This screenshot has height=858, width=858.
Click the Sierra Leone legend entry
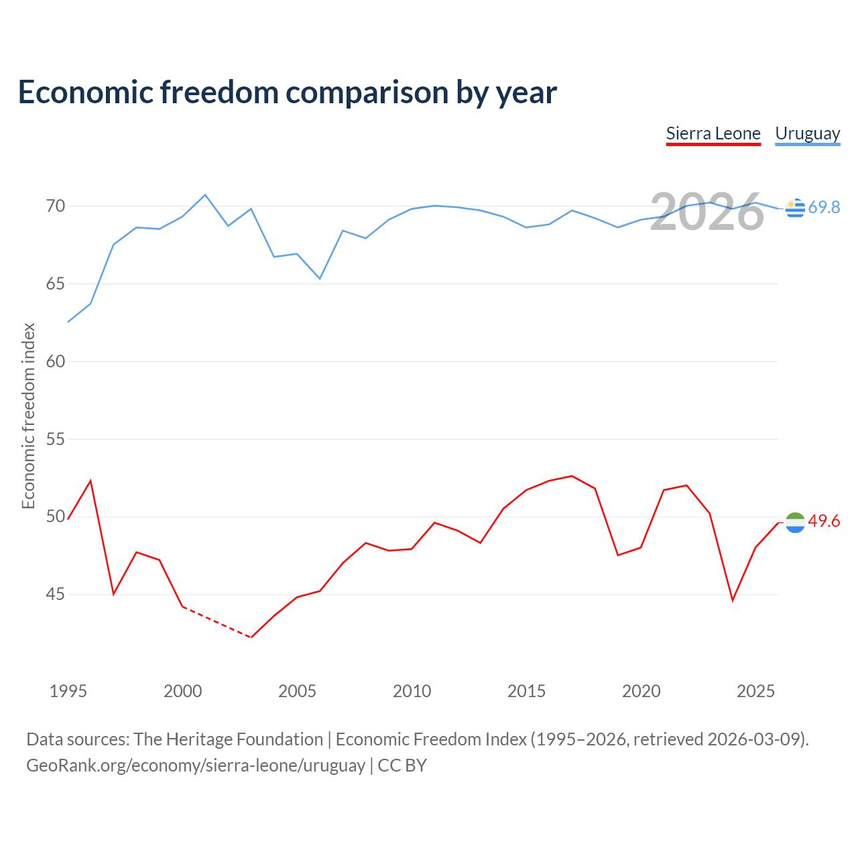tap(713, 134)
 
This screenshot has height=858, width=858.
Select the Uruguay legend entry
tap(807, 134)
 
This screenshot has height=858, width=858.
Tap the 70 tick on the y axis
tap(56, 206)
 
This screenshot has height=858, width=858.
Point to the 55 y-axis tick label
tap(56, 440)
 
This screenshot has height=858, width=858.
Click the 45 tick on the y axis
tap(56, 595)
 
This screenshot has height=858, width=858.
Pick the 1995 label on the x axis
tap(68, 691)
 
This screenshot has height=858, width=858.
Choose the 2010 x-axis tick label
tap(412, 691)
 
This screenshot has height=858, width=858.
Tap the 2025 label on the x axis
tap(755, 691)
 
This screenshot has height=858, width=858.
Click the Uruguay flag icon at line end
tap(795, 208)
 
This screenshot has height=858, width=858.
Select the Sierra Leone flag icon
tap(795, 522)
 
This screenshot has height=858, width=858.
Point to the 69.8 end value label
tap(824, 208)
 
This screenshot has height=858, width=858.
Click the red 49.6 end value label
tap(824, 522)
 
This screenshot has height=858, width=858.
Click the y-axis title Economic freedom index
tap(29, 416)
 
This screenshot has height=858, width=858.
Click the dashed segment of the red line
tap(217, 622)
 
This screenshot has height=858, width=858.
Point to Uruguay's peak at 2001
tap(205, 195)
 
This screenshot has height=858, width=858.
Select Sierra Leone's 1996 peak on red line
tap(90, 481)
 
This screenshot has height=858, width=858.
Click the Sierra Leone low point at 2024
tap(733, 600)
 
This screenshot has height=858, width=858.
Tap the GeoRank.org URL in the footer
tap(196, 765)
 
